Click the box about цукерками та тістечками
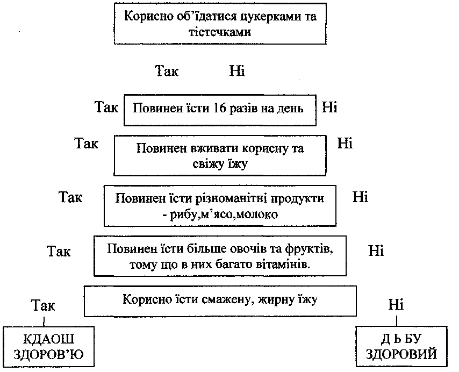220,24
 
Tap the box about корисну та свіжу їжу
220,155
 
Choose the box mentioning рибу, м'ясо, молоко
220,206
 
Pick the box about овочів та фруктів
220,257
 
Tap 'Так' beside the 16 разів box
106,106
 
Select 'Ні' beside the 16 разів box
329,106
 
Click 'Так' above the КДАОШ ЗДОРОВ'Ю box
43,306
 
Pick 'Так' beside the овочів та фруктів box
59,251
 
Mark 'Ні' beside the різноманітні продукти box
360,197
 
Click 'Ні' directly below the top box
237,71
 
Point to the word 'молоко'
259,214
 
